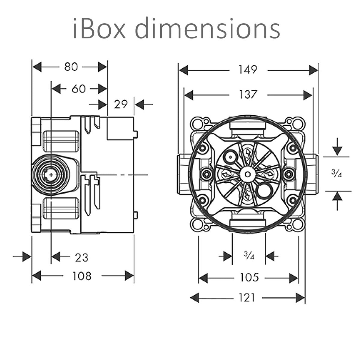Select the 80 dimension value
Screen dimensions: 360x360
coord(71,67)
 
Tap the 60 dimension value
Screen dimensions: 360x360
coord(79,89)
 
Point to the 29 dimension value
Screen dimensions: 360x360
coord(121,104)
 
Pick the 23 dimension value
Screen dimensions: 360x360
coord(81,257)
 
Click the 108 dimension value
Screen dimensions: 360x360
coord(82,276)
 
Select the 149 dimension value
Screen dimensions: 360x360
coord(248,70)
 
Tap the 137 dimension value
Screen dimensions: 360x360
coord(248,95)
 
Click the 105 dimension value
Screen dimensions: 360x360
coord(249,277)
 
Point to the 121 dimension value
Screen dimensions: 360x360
coord(247,298)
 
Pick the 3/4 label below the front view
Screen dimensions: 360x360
coord(249,256)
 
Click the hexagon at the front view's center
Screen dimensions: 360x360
coord(247,174)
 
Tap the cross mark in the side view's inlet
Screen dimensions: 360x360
coord(52,174)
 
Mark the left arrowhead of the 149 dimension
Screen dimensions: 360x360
coord(184,71)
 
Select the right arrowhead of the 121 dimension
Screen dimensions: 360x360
coord(300,298)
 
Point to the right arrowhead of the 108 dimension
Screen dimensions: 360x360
coord(129,276)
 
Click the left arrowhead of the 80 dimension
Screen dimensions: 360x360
coord(37,67)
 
